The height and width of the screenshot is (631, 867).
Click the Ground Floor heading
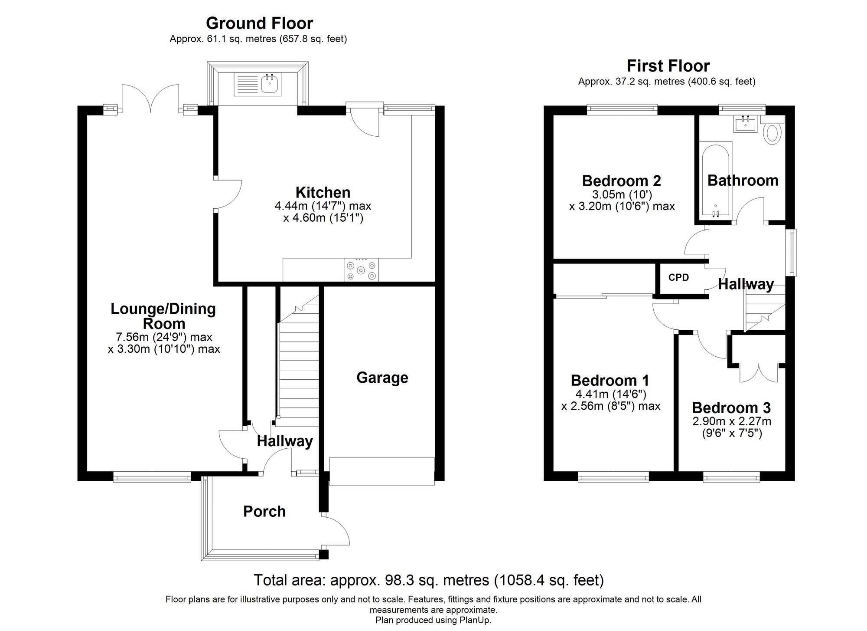point(259,23)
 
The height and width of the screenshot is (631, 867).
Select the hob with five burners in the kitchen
point(361,270)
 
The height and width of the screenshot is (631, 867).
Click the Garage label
point(382,378)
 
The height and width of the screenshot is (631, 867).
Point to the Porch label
point(264,511)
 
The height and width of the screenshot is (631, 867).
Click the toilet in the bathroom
point(772,133)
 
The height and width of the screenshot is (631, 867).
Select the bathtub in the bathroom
point(715,180)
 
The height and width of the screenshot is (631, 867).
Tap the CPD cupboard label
point(678,278)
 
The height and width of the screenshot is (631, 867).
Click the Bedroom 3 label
point(731,408)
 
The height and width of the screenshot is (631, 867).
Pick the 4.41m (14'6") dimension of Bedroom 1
point(610,394)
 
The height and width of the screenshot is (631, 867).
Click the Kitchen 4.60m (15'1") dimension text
point(323,217)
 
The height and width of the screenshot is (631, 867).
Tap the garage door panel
point(381,471)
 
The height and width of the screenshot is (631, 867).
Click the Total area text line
point(428,580)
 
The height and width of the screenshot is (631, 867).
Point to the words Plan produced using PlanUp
point(433,620)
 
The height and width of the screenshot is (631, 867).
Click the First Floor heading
point(668,66)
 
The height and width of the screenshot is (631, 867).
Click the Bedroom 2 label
point(621,181)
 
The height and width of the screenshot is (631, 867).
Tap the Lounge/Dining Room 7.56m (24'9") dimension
point(164,337)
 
